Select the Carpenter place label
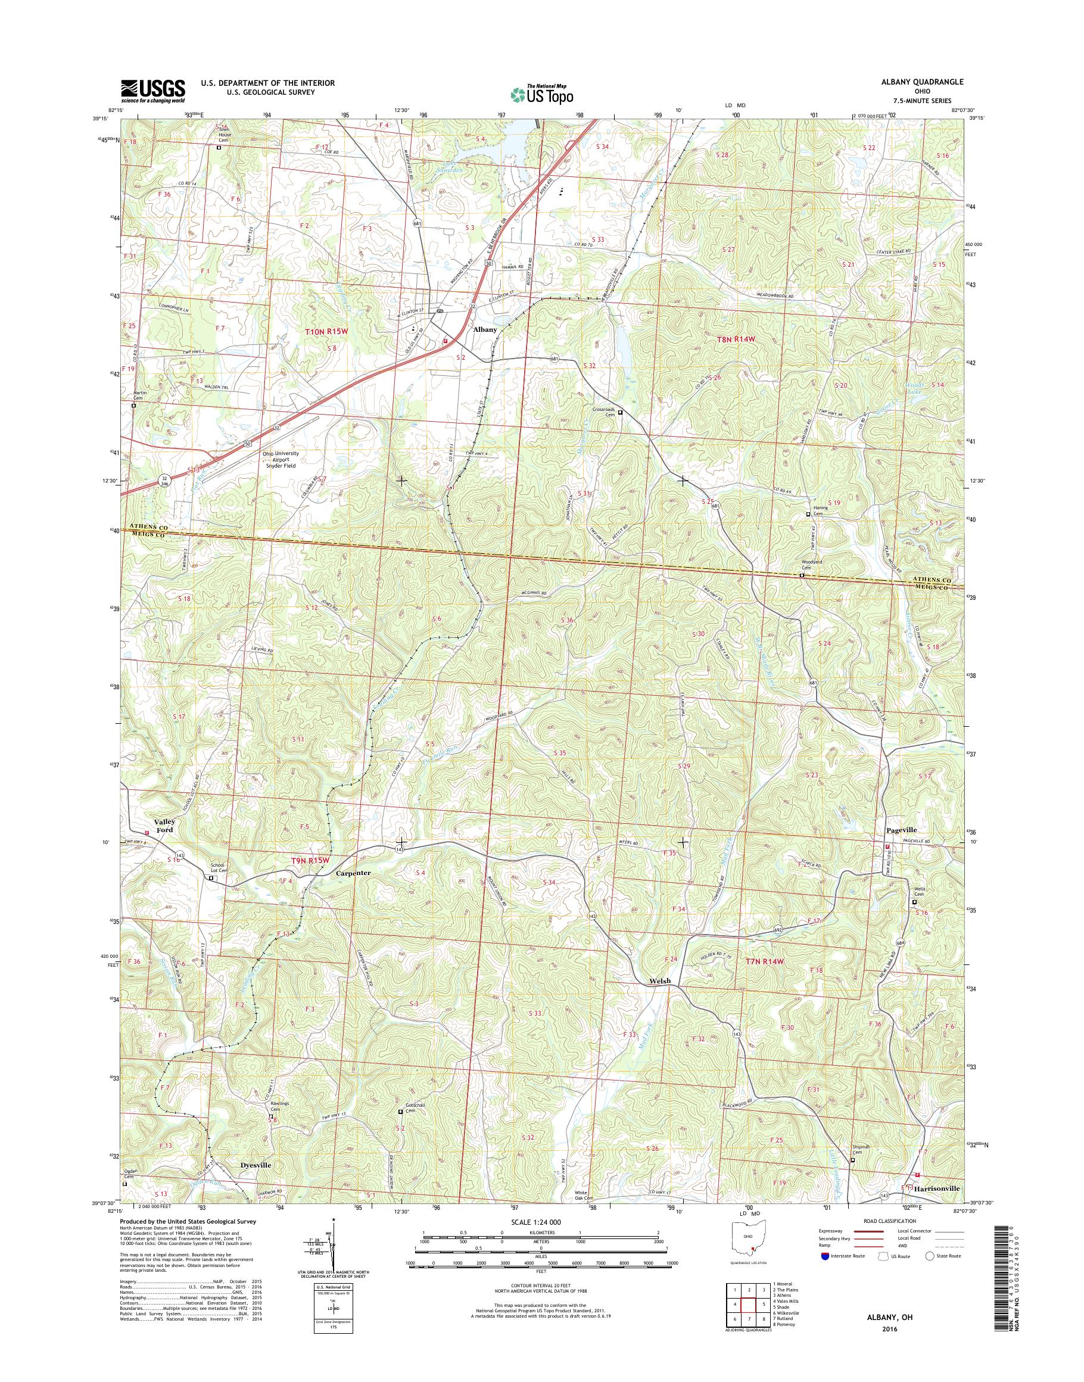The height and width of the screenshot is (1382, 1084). click(352, 873)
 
